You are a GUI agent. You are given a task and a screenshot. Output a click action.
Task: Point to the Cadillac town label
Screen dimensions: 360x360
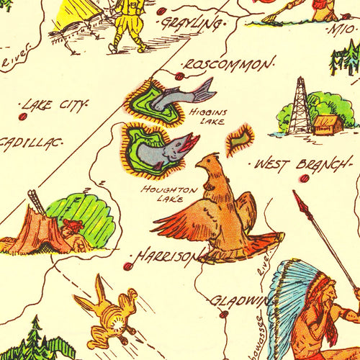point(29,143)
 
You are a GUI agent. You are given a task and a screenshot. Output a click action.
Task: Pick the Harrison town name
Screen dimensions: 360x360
point(166,256)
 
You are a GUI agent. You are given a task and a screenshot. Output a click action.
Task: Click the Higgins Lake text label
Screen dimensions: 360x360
point(208,117)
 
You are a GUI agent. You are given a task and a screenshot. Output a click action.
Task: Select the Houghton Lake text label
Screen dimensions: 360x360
point(169,193)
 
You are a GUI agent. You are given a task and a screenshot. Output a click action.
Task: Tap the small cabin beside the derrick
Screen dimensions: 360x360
point(328,125)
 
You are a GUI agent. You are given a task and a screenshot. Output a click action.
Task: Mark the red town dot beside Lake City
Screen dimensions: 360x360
point(23,116)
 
